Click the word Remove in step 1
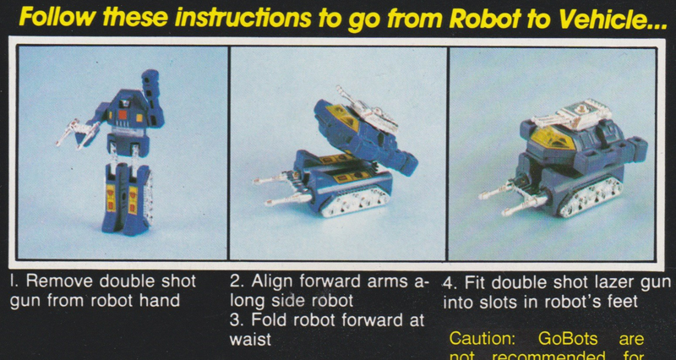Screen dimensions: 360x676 pyautogui.click(x=63, y=281)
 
